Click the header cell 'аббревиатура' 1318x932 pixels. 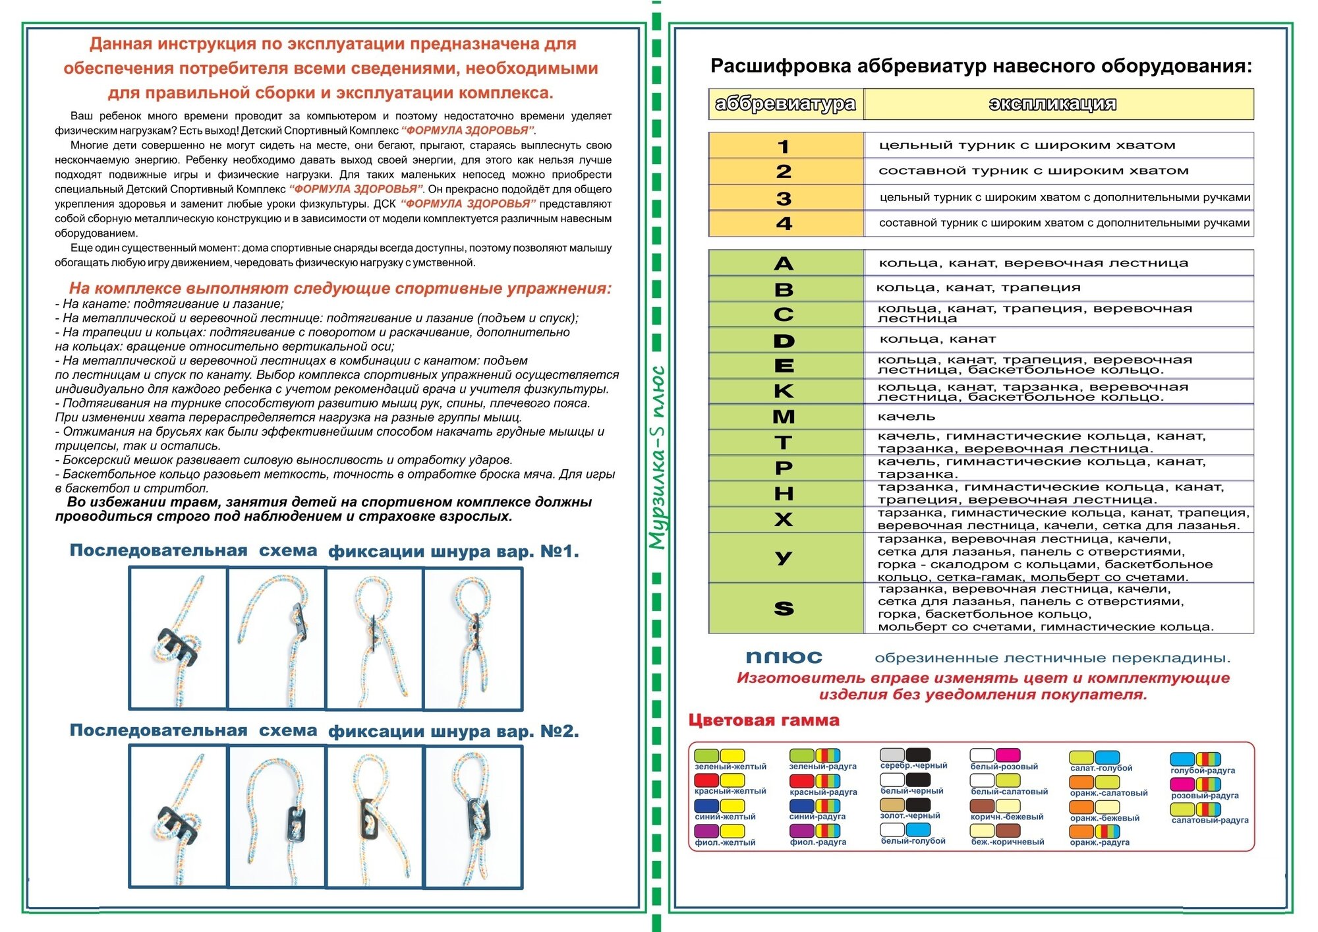(x=786, y=104)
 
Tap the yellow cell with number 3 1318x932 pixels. (x=784, y=198)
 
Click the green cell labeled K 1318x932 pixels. (x=784, y=391)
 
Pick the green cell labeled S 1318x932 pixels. (x=784, y=608)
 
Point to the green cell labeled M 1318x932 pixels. (x=784, y=417)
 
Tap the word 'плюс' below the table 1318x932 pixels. (x=784, y=657)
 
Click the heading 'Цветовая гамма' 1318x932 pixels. (x=764, y=720)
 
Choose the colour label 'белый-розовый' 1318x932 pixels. (x=1004, y=767)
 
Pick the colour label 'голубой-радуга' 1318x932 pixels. (x=1203, y=771)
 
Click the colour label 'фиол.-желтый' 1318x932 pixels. (x=725, y=842)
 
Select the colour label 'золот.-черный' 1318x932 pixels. (x=910, y=816)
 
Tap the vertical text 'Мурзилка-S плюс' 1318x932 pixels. (x=657, y=458)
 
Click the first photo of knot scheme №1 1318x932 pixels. (x=178, y=638)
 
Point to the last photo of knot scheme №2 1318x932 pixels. (x=473, y=817)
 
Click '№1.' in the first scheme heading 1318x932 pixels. (x=559, y=552)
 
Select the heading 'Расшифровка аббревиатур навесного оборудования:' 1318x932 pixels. (x=981, y=66)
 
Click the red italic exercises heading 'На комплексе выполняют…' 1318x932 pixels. (x=340, y=289)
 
